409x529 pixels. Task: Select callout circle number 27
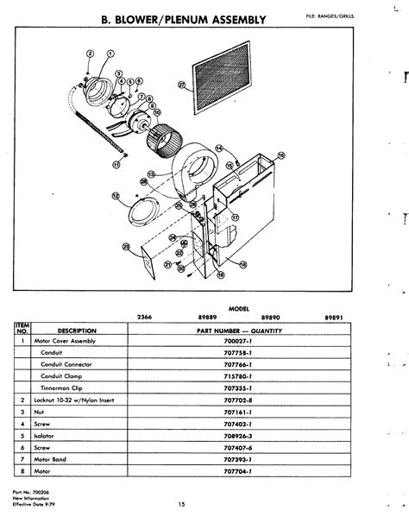tap(181, 85)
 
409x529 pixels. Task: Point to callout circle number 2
tap(91, 54)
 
